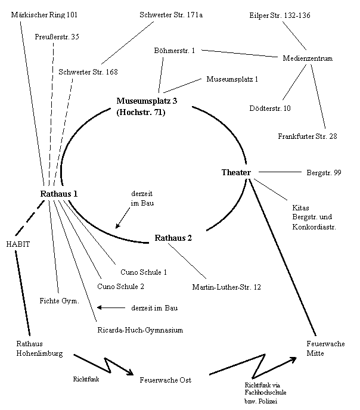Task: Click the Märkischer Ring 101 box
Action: point(51,14)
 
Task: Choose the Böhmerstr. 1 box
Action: point(175,51)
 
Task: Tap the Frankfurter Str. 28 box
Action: point(308,136)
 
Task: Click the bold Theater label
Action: point(236,173)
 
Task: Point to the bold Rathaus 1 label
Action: point(59,194)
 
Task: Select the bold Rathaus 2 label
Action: point(173,238)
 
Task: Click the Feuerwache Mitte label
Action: point(325,349)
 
